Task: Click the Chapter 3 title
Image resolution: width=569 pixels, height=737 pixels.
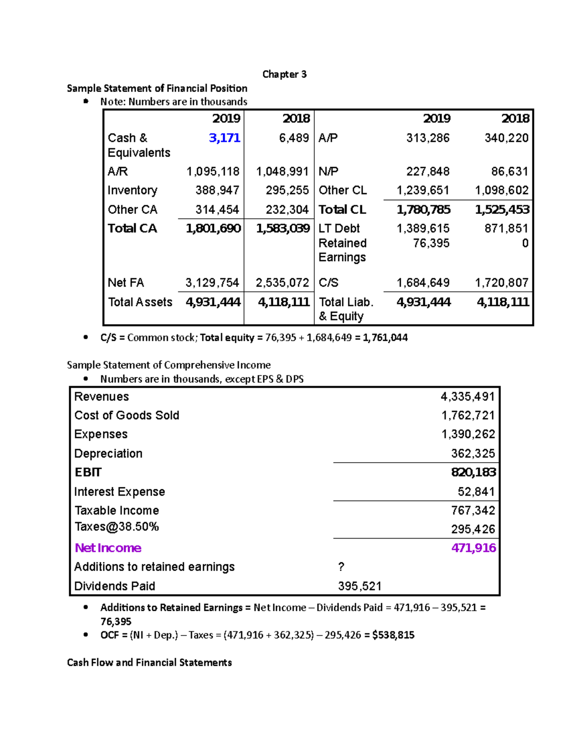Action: click(x=284, y=74)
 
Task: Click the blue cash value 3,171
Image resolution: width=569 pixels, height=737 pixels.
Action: click(x=224, y=138)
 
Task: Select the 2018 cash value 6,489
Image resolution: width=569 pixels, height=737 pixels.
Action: click(x=294, y=138)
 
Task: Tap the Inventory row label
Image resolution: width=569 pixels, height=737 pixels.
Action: click(x=132, y=190)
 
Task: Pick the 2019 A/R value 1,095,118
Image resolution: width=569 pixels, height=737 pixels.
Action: click(x=213, y=171)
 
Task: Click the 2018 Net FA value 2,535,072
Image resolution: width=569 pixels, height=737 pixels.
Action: click(x=282, y=283)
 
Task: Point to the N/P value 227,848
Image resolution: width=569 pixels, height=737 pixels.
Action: click(x=428, y=171)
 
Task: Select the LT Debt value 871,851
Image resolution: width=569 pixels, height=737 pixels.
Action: click(x=506, y=229)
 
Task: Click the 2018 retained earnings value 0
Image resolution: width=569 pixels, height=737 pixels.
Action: click(x=525, y=243)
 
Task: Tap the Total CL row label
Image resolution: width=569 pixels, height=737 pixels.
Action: click(x=342, y=210)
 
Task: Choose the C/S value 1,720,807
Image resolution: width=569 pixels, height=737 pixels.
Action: click(x=502, y=283)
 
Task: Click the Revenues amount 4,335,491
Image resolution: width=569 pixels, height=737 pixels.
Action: click(x=468, y=397)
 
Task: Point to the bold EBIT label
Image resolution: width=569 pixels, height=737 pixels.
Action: click(x=88, y=473)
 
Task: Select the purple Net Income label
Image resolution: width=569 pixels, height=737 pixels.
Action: click(x=108, y=548)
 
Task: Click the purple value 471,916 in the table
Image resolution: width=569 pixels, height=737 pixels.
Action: click(x=473, y=548)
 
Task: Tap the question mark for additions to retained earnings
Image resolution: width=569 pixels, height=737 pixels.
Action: click(x=341, y=567)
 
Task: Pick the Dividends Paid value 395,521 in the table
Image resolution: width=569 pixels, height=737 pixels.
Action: click(x=359, y=587)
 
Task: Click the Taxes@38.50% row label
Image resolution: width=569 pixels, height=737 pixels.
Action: click(x=117, y=527)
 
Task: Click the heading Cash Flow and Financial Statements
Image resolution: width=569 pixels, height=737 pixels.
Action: click(x=149, y=662)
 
